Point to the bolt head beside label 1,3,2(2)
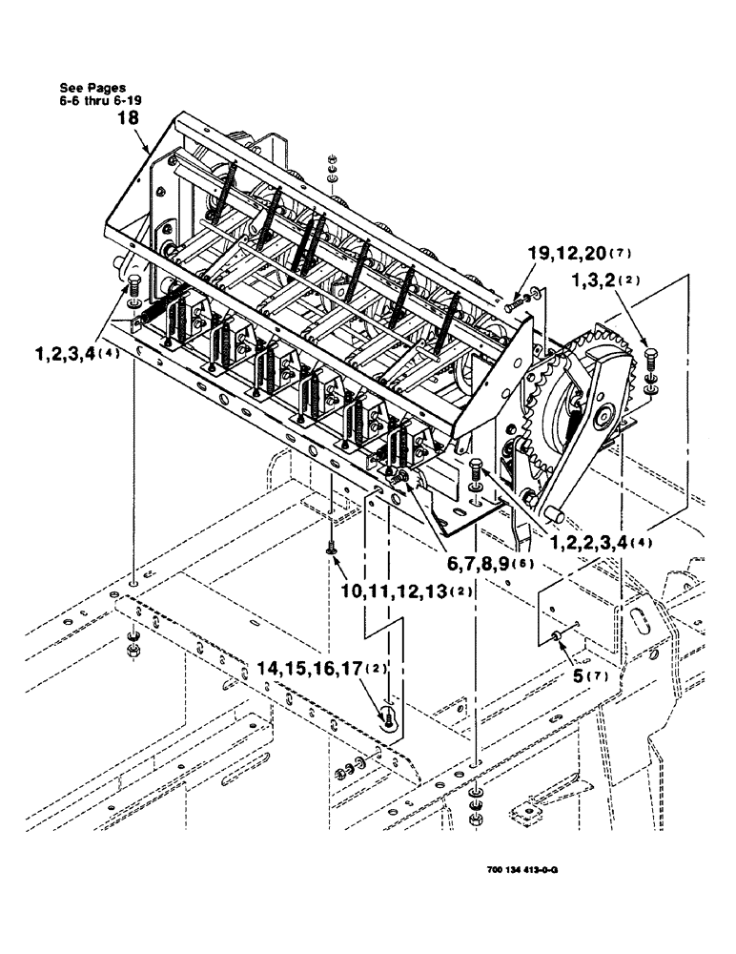(x=650, y=362)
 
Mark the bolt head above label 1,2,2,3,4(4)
(x=477, y=467)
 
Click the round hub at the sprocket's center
(x=603, y=415)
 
